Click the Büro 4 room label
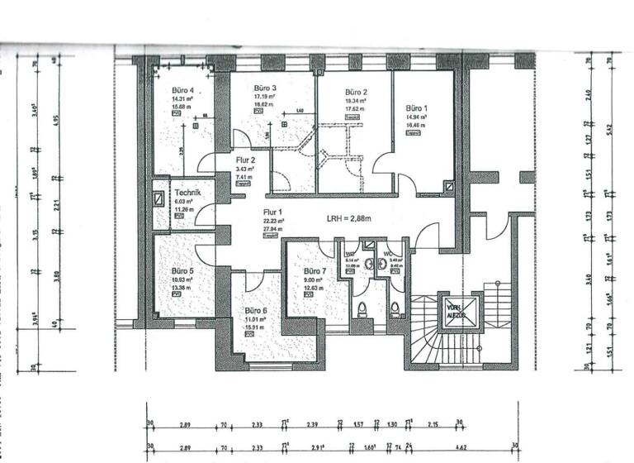point(183,90)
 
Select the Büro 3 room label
point(264,88)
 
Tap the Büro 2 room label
point(356,92)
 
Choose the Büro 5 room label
point(182,270)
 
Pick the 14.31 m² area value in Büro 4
point(182,99)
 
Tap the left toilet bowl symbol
point(363,309)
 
